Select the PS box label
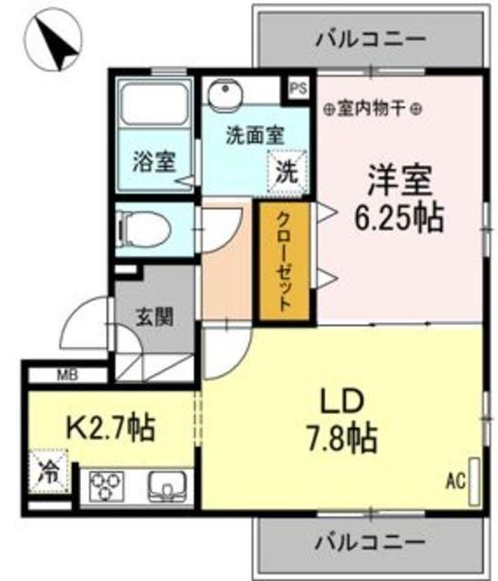click(x=298, y=89)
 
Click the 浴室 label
click(x=152, y=162)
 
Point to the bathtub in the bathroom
click(x=153, y=110)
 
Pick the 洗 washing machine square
click(x=285, y=169)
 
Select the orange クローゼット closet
click(x=284, y=263)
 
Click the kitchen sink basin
click(x=166, y=488)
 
